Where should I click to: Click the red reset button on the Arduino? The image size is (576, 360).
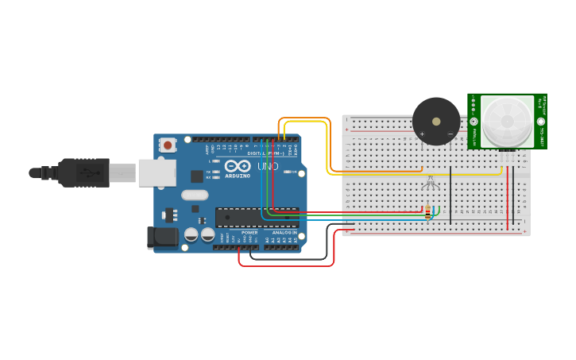[x=168, y=145]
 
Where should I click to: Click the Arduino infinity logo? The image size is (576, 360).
[x=237, y=167]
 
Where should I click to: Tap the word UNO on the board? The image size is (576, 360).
[x=268, y=166]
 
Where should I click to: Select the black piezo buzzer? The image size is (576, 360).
[x=435, y=121]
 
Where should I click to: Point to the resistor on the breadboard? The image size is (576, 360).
[x=428, y=212]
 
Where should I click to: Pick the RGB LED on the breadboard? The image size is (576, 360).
[x=429, y=182]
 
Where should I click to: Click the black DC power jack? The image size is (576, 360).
[x=162, y=237]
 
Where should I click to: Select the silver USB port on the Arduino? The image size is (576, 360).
[x=157, y=172]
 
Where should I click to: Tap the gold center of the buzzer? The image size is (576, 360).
[x=435, y=121]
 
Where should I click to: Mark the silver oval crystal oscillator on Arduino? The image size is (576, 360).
[x=195, y=195]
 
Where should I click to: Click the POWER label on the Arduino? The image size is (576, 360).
[x=249, y=232]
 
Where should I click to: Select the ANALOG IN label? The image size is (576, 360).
[x=284, y=232]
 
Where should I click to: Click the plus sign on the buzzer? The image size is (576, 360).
[x=422, y=134]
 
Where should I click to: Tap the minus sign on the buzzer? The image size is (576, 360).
[x=450, y=134]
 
